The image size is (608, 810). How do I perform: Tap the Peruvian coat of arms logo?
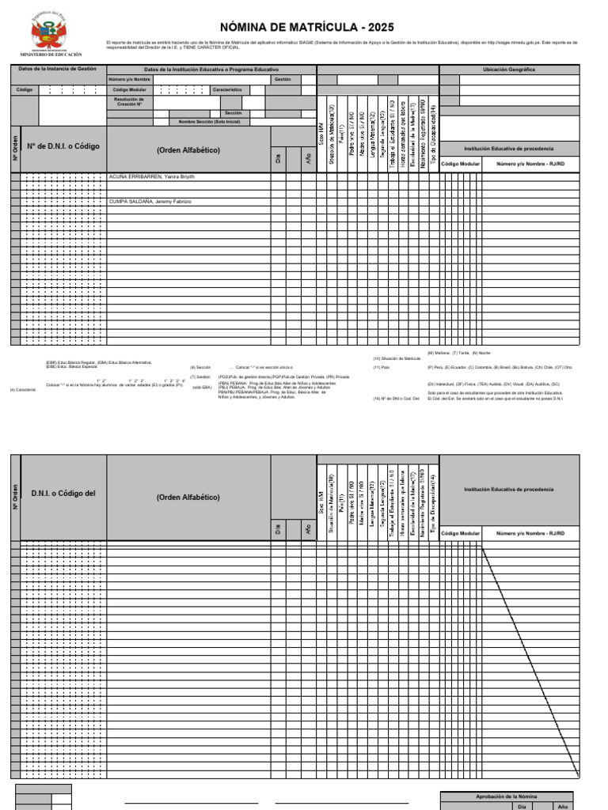50,33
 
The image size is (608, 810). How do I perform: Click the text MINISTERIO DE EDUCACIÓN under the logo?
51,55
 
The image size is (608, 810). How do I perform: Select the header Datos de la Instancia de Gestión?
58,69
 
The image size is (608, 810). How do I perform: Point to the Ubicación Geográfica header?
508,70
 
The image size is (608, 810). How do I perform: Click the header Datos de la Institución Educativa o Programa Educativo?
211,70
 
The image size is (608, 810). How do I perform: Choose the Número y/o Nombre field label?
130,79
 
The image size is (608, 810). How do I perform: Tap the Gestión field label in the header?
283,79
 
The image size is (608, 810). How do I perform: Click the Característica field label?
226,90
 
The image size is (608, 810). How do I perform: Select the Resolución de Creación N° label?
130,101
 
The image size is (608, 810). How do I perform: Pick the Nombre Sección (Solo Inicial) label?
209,122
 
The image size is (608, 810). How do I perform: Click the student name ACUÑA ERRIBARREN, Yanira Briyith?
151,177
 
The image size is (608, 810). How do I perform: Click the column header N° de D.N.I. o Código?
63,146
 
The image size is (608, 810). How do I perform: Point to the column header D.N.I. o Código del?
63,494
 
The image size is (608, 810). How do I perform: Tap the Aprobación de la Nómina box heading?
507,797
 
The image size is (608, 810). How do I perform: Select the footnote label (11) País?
381,368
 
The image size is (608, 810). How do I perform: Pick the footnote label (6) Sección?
200,368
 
